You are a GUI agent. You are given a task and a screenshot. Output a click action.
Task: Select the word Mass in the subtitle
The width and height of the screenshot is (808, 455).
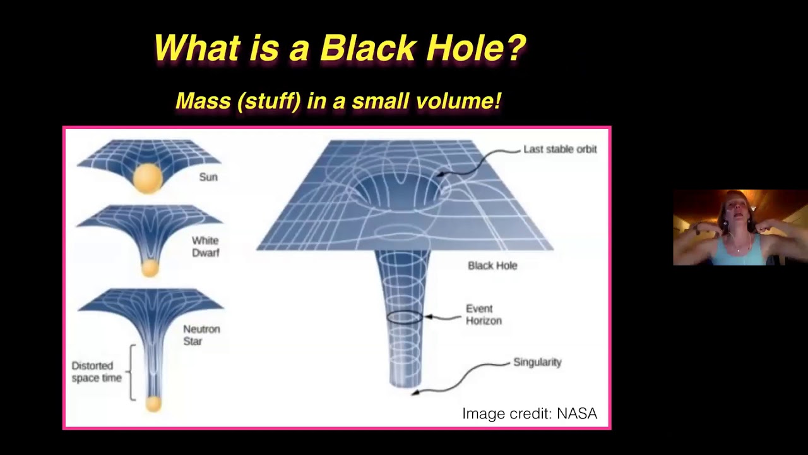(x=203, y=101)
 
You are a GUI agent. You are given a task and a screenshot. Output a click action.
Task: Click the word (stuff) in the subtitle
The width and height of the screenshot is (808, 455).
(x=269, y=101)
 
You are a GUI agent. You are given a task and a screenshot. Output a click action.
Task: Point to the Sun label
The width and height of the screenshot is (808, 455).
(x=208, y=177)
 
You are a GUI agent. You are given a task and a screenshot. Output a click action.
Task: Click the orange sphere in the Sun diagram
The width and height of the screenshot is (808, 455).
(x=148, y=178)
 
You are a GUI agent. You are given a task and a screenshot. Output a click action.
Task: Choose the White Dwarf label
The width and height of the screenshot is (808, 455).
(x=205, y=246)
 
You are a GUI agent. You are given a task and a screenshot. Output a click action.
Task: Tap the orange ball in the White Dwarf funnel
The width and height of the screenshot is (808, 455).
(x=150, y=268)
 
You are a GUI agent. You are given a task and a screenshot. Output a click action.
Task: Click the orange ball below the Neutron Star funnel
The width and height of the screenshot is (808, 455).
(x=153, y=403)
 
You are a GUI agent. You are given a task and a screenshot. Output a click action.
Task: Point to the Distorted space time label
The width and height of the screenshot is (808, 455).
(x=97, y=372)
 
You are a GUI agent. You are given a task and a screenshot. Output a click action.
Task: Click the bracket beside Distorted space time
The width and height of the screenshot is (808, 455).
(x=131, y=372)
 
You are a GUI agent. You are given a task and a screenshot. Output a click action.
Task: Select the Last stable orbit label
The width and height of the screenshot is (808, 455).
(x=560, y=149)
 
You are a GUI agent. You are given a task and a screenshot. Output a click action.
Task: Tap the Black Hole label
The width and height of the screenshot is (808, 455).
(x=492, y=265)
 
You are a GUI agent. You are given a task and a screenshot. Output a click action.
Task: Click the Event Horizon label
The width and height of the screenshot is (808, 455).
(x=484, y=315)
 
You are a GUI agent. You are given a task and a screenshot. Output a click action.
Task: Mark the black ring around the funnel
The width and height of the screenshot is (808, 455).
(x=404, y=317)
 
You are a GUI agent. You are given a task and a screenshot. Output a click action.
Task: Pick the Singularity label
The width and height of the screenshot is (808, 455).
(x=537, y=362)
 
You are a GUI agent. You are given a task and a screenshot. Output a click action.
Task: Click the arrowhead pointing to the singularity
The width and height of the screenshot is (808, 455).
(x=415, y=392)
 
